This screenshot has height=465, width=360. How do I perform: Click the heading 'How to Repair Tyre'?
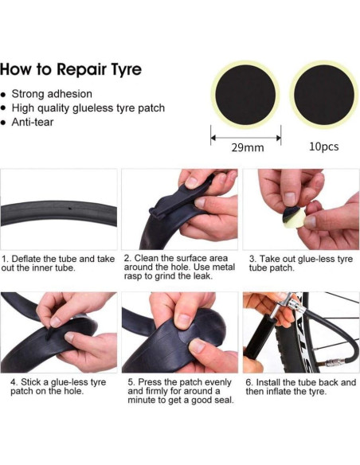(x=71, y=69)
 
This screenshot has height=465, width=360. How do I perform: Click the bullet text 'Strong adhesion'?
(x=52, y=94)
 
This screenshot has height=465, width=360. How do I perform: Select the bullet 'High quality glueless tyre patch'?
(x=88, y=108)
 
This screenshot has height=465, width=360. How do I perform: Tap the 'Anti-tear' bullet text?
(x=33, y=122)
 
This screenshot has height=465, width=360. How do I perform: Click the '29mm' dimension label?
(x=248, y=147)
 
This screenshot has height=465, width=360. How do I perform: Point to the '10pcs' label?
(x=324, y=147)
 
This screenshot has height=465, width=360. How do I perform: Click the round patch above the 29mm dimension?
(x=245, y=95)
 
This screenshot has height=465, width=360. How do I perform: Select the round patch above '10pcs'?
(x=324, y=95)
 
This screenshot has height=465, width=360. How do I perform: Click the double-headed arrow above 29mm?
(x=245, y=138)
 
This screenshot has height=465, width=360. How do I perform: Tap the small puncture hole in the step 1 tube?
(x=70, y=209)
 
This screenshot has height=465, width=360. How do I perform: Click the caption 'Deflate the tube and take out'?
(x=58, y=264)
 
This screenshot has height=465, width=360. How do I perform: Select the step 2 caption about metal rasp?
(x=179, y=268)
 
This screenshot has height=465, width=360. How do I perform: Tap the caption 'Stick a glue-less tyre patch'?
(x=58, y=386)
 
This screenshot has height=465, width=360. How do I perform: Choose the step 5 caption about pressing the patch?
(x=181, y=391)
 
